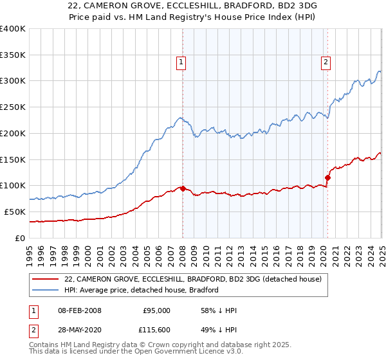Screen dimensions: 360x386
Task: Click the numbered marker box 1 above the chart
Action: pyautogui.click(x=181, y=62)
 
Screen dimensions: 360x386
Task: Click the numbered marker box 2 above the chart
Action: pyautogui.click(x=326, y=62)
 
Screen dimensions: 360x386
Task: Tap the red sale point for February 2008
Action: pyautogui.click(x=183, y=188)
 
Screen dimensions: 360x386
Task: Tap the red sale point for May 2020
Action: pyautogui.click(x=327, y=177)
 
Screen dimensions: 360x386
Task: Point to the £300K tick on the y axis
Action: pyautogui.click(x=13, y=81)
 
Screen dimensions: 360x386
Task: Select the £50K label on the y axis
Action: pyautogui.click(x=15, y=212)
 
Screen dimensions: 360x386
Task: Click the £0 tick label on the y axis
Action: pyautogui.click(x=20, y=238)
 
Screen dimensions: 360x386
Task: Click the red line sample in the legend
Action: pyautogui.click(x=46, y=279)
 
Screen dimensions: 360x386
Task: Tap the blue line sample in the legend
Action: pyautogui.click(x=46, y=290)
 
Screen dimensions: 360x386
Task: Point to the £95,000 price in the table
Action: pyautogui.click(x=155, y=310)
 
